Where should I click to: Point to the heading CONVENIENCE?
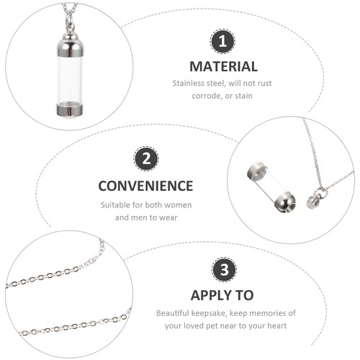[146, 185]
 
